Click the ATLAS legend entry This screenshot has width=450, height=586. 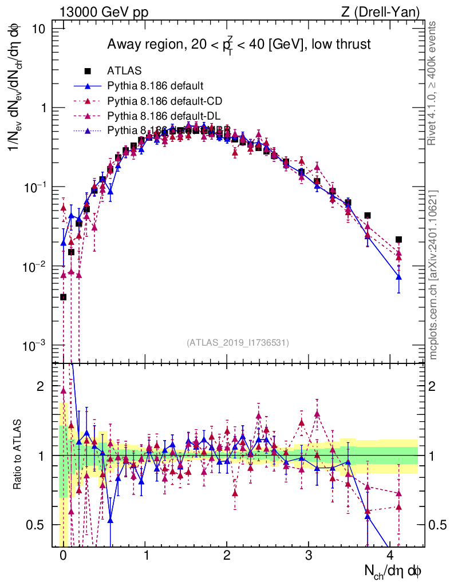tap(125, 71)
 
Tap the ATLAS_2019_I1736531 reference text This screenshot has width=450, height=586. tap(238, 343)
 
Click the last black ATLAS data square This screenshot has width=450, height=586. tap(398, 240)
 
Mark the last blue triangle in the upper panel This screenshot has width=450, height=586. tap(398, 277)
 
